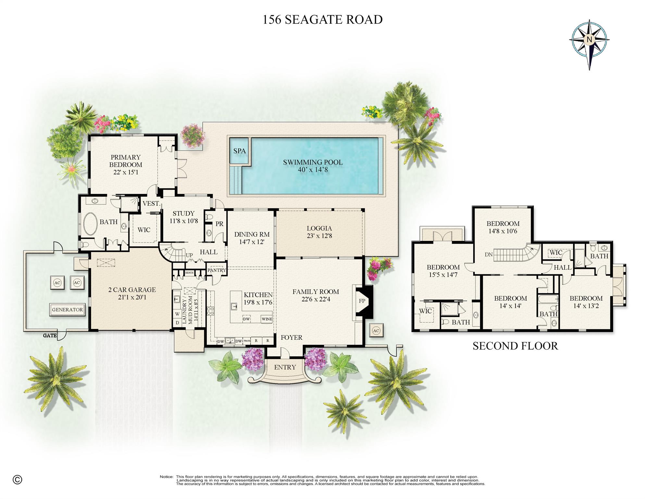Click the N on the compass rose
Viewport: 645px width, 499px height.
[x=589, y=40]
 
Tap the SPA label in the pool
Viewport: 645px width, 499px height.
[x=240, y=151]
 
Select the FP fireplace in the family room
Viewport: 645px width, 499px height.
[x=362, y=301]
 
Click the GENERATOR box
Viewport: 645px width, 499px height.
[x=67, y=309]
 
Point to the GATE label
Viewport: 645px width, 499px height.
[x=50, y=335]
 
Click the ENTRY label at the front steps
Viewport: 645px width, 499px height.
[x=285, y=367]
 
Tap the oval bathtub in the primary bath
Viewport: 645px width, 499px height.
[x=91, y=224]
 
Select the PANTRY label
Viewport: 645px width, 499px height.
[x=217, y=270]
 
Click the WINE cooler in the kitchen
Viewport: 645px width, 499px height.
[x=267, y=319]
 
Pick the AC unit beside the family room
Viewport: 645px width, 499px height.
[x=376, y=331]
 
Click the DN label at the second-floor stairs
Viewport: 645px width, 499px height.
[x=489, y=255]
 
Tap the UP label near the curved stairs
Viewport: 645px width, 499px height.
[x=189, y=255]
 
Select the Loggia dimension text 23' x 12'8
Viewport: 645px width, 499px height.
[x=319, y=236]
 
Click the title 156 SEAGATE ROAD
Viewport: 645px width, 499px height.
[x=322, y=20]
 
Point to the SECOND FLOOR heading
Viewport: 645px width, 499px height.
[x=515, y=346]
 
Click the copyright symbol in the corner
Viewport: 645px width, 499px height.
[x=17, y=479]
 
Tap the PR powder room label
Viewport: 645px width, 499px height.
[x=219, y=224]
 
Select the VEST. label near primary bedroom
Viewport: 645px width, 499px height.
[x=151, y=204]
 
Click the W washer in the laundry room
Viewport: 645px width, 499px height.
[x=177, y=314]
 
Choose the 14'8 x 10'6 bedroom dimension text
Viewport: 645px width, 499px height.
[x=503, y=231]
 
